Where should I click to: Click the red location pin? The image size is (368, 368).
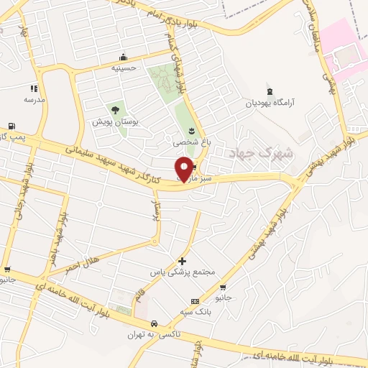point(185,168)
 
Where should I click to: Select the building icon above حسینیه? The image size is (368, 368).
point(124,57)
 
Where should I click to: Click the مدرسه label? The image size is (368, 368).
point(34,99)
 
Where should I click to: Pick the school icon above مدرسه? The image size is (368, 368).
point(34,88)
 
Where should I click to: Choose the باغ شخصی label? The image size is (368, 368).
point(192,142)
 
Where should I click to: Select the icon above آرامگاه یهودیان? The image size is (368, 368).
point(270,91)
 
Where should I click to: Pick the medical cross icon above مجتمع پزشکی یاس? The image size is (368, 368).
point(182,261)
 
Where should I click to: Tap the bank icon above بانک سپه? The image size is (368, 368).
point(193,302)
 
